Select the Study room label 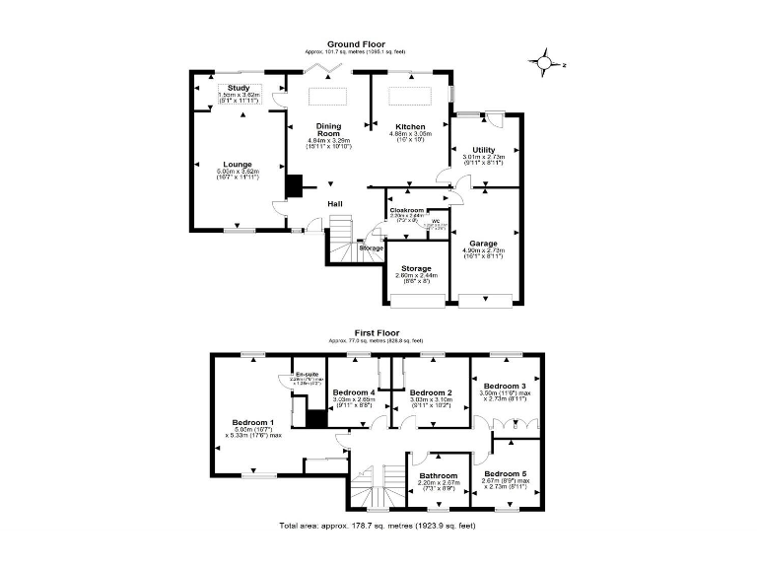(238, 89)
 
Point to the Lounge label (238, 165)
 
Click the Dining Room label (328, 130)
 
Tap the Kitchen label (409, 127)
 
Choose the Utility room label (483, 150)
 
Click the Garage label (483, 244)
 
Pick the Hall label (335, 204)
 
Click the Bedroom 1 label (251, 422)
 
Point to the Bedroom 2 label (430, 392)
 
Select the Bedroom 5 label (505, 474)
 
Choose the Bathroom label (439, 475)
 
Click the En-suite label (306, 375)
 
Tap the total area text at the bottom (378, 526)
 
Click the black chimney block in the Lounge (293, 186)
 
